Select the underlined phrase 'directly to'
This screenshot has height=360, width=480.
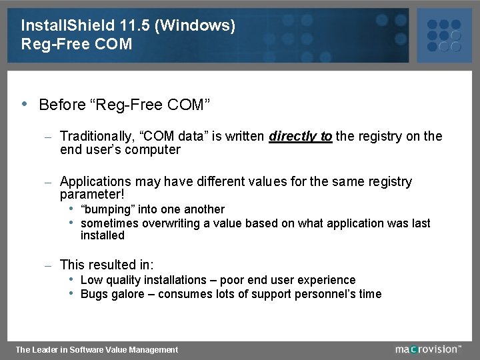(300, 137)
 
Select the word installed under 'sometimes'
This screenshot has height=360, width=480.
(103, 235)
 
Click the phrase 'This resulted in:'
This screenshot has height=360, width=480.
(107, 265)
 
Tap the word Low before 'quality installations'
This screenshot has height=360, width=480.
(91, 280)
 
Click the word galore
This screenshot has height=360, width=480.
(129, 294)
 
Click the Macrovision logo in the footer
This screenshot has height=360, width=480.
(427, 349)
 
